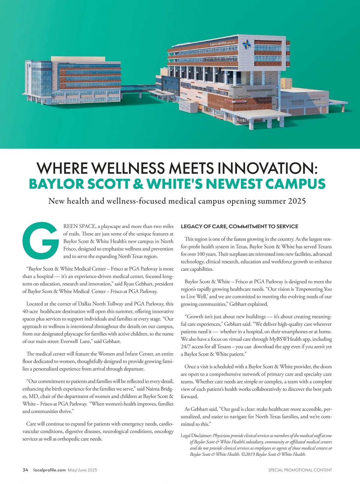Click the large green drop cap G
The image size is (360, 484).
coord(41,241)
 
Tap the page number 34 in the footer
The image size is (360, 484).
coord(25,470)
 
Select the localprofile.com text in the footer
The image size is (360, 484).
coord(49,470)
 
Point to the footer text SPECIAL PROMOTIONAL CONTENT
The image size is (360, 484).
coord(300,470)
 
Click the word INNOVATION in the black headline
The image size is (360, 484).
coord(267,168)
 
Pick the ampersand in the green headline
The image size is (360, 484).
coord(138,184)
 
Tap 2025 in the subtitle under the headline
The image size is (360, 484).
coord(297,201)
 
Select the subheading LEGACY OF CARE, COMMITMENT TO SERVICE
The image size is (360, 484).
coord(239,227)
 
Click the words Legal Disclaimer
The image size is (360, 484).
coord(196,435)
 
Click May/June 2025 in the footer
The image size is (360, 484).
coord(82,470)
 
